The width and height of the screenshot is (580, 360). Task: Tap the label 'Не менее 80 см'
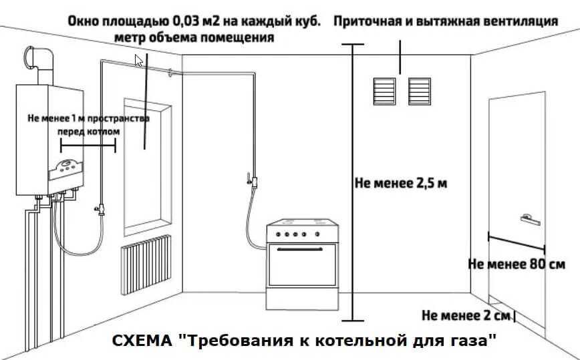coord(517,263)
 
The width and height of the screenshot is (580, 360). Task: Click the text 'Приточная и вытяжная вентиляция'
coord(445,21)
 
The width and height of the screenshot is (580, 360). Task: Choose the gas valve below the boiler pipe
coord(101,209)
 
